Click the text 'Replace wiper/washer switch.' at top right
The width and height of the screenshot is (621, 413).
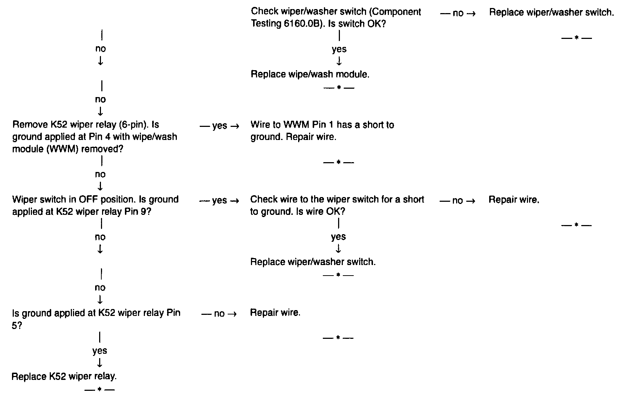pyautogui.click(x=551, y=12)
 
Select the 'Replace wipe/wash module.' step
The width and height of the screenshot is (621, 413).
pyautogui.click(x=310, y=75)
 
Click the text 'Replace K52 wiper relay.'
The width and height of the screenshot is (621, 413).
pyautogui.click(x=64, y=377)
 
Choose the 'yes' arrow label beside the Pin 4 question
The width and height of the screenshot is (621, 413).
pyautogui.click(x=220, y=126)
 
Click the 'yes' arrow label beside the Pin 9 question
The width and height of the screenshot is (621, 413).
pyautogui.click(x=220, y=201)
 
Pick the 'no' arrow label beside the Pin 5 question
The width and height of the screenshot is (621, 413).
pyautogui.click(x=219, y=314)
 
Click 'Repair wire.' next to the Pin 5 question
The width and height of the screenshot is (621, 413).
pyautogui.click(x=275, y=313)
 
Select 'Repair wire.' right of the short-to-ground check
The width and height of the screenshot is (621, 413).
pyautogui.click(x=514, y=200)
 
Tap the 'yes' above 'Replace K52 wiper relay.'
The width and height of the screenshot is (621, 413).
pyautogui.click(x=100, y=351)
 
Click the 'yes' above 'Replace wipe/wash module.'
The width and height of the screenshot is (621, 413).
pyautogui.click(x=339, y=49)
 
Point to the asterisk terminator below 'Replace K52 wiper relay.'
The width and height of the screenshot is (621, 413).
pyautogui.click(x=99, y=390)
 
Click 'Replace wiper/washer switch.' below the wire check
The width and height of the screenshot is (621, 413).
pyautogui.click(x=313, y=262)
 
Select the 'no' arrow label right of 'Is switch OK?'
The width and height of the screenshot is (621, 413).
pyautogui.click(x=458, y=13)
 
